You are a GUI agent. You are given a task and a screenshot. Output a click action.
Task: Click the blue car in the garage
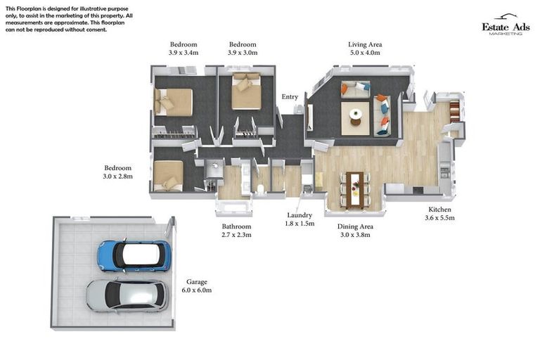tap(133, 255)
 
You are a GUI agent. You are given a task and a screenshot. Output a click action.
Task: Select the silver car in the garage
tap(127, 295)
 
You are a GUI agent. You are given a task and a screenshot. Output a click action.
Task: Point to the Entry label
tap(290, 97)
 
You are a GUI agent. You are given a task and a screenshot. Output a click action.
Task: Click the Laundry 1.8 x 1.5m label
tap(300, 219)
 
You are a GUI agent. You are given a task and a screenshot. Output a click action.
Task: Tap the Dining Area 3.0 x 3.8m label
tap(356, 231)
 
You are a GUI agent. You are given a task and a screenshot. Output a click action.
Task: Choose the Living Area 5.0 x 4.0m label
tap(364, 48)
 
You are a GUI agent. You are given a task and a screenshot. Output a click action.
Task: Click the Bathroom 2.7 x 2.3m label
tap(236, 231)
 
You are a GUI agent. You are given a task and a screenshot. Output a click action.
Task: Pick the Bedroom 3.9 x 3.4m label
tap(184, 48)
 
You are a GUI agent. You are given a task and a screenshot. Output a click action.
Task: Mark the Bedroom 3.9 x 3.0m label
tap(243, 48)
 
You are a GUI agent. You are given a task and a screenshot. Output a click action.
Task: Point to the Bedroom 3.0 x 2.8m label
tap(118, 172)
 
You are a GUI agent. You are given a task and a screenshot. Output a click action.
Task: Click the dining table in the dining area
tap(355, 188)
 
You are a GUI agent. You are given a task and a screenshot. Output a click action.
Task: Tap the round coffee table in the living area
tap(356, 115)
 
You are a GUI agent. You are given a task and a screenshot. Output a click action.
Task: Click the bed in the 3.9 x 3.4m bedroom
tap(174, 102)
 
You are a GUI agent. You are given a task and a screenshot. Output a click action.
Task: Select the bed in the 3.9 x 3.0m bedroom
tap(246, 91)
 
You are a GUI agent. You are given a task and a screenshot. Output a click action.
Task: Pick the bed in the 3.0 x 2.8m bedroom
tap(169, 174)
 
